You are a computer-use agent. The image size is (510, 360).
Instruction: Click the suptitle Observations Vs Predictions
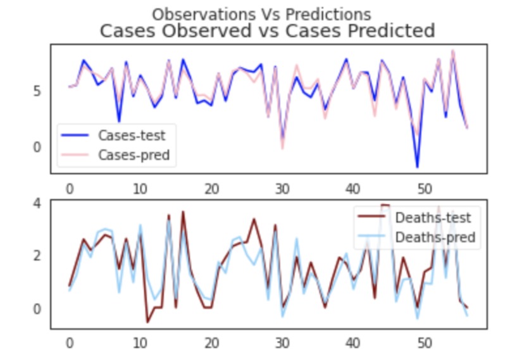[x=261, y=14]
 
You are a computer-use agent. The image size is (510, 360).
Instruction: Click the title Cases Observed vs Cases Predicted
[x=268, y=31]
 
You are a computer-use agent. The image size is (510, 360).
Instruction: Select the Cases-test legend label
[x=132, y=135]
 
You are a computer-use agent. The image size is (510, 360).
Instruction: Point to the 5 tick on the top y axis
[x=37, y=90]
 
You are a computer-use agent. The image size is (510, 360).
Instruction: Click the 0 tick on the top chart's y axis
[x=37, y=147]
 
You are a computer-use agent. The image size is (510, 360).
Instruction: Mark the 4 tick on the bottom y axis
[x=37, y=203]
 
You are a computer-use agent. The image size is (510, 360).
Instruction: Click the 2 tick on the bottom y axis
[x=37, y=256]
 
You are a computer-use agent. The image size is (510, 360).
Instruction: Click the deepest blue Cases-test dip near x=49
[x=417, y=167]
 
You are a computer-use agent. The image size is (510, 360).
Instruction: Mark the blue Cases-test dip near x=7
[x=119, y=121]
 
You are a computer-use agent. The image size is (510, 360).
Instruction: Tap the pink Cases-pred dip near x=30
[x=282, y=149]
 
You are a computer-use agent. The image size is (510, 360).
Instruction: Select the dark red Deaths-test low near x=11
[x=147, y=322]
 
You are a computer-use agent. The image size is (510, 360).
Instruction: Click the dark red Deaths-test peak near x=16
[x=183, y=212]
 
